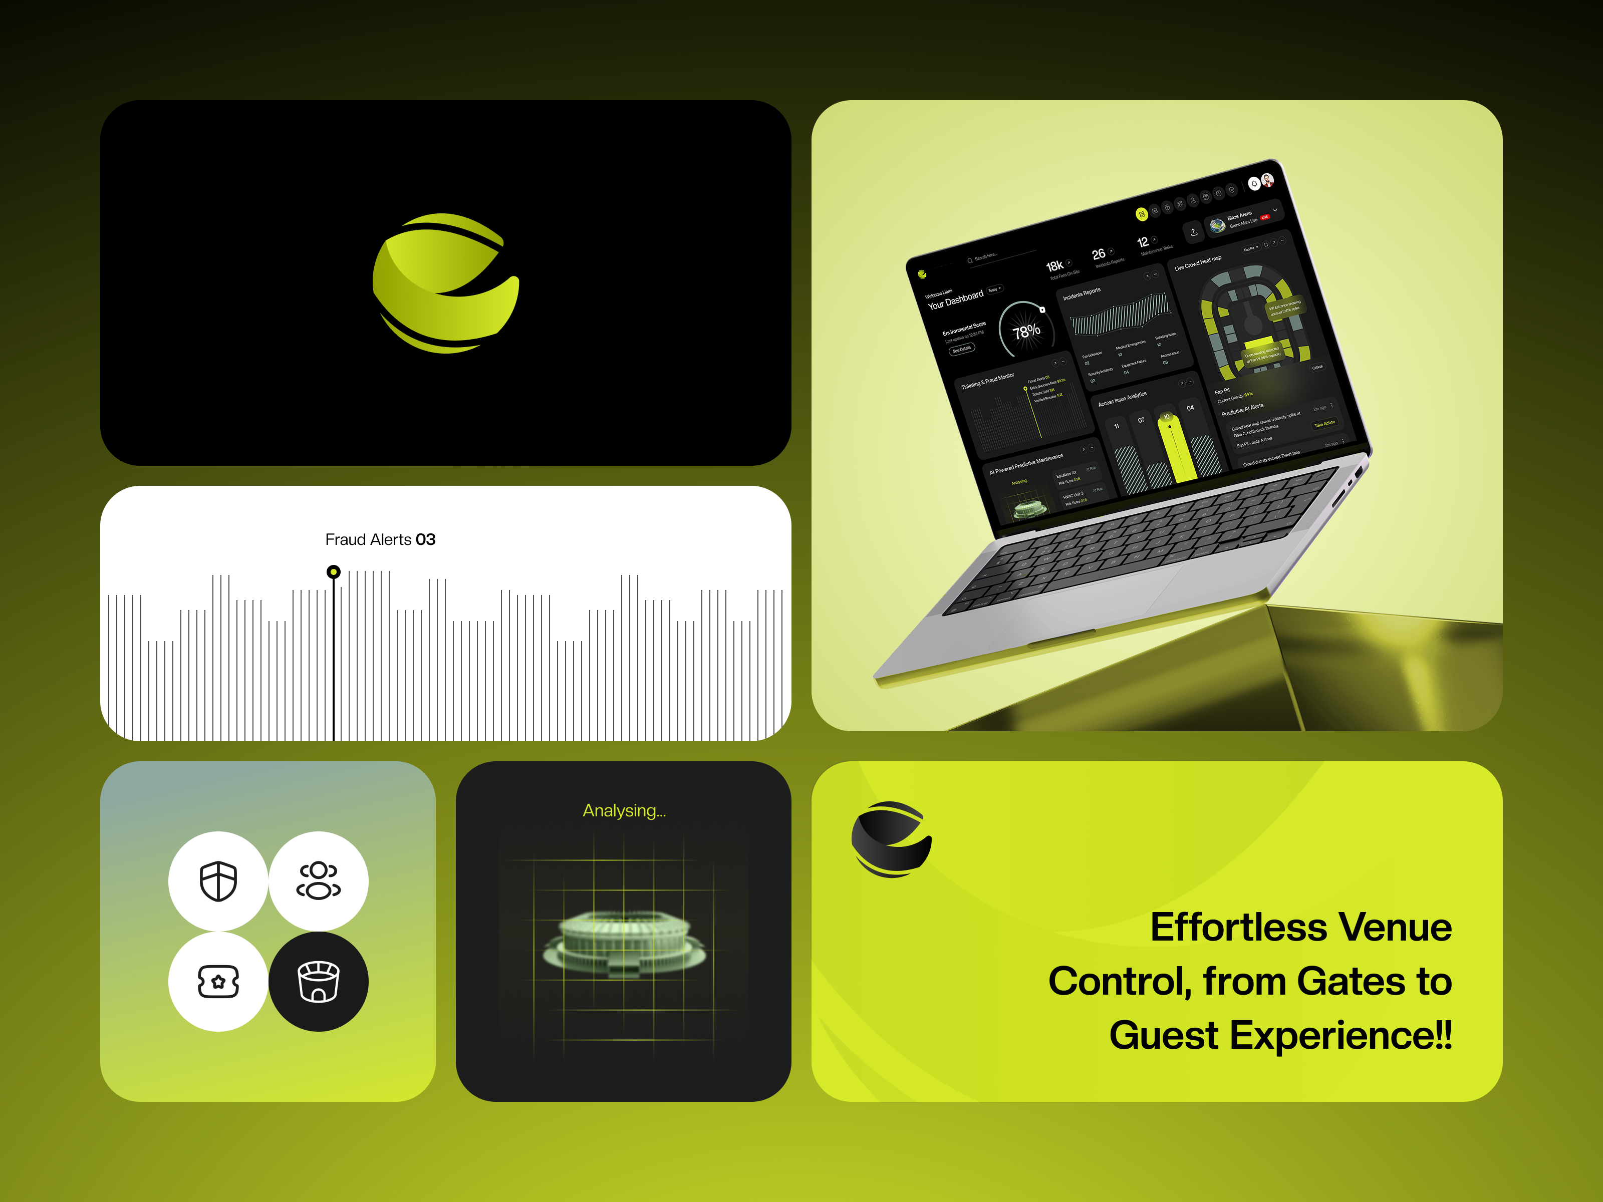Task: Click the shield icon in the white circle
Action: coord(218,881)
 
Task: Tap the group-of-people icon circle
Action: coord(318,881)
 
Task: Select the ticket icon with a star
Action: coord(218,982)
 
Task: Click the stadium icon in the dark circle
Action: coord(318,982)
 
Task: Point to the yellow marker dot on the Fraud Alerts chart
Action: coord(333,571)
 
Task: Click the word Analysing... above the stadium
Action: coord(624,811)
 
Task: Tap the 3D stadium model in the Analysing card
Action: coord(624,942)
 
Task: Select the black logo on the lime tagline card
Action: coord(891,839)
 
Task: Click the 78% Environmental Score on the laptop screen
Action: coord(1026,331)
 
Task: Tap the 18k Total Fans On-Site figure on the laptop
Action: coord(1054,266)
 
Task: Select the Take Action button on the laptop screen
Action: coord(1324,423)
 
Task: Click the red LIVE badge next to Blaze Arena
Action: coord(1264,217)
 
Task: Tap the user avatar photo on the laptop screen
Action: coord(1267,180)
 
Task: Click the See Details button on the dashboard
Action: coord(962,349)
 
